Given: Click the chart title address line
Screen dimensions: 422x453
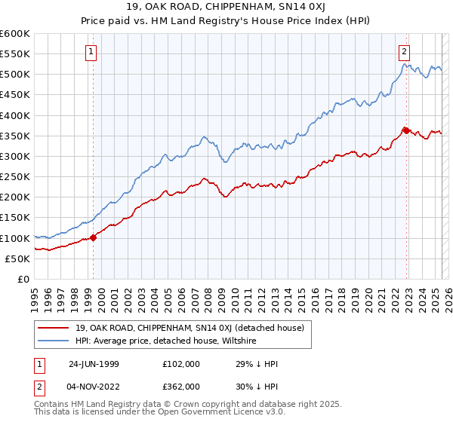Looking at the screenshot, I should (x=226, y=8).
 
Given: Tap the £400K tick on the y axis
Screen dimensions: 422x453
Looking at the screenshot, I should (x=15, y=115).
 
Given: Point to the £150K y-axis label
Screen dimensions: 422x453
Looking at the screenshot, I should (x=15, y=218).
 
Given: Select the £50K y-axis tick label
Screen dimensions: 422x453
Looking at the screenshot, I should (x=17, y=258).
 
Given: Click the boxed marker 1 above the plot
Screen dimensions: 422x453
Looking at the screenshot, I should (x=91, y=52).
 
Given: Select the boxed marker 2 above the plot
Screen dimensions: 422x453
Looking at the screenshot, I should (x=404, y=52).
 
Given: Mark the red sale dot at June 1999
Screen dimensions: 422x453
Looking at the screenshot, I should (x=94, y=237).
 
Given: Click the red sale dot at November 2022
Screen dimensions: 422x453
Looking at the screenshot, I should (x=406, y=130).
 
